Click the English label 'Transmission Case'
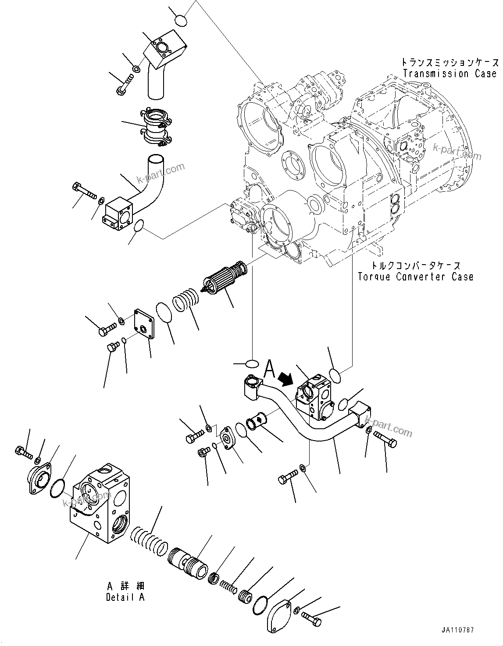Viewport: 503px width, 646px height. (x=449, y=74)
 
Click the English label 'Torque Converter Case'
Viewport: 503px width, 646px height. (x=415, y=276)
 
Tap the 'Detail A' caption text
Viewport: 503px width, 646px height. (x=125, y=597)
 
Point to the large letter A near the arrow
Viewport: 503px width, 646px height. (x=269, y=370)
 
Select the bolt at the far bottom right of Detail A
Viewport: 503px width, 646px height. (x=312, y=621)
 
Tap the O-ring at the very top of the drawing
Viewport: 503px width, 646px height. (x=181, y=21)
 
